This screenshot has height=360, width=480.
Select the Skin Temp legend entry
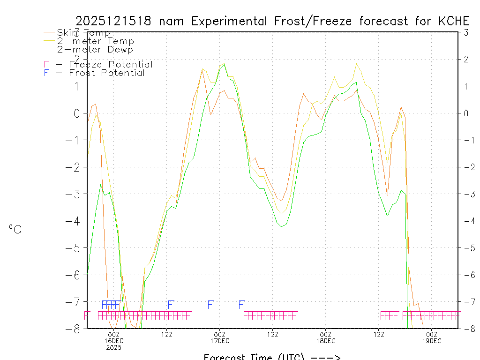[83, 33]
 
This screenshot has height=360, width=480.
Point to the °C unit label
[15, 229]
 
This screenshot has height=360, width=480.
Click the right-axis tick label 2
[465, 59]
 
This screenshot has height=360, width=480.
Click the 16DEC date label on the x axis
[114, 341]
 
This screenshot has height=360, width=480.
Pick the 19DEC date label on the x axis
[432, 341]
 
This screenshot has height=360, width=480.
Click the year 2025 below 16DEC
[114, 348]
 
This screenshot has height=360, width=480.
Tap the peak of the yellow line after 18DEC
[357, 63]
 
